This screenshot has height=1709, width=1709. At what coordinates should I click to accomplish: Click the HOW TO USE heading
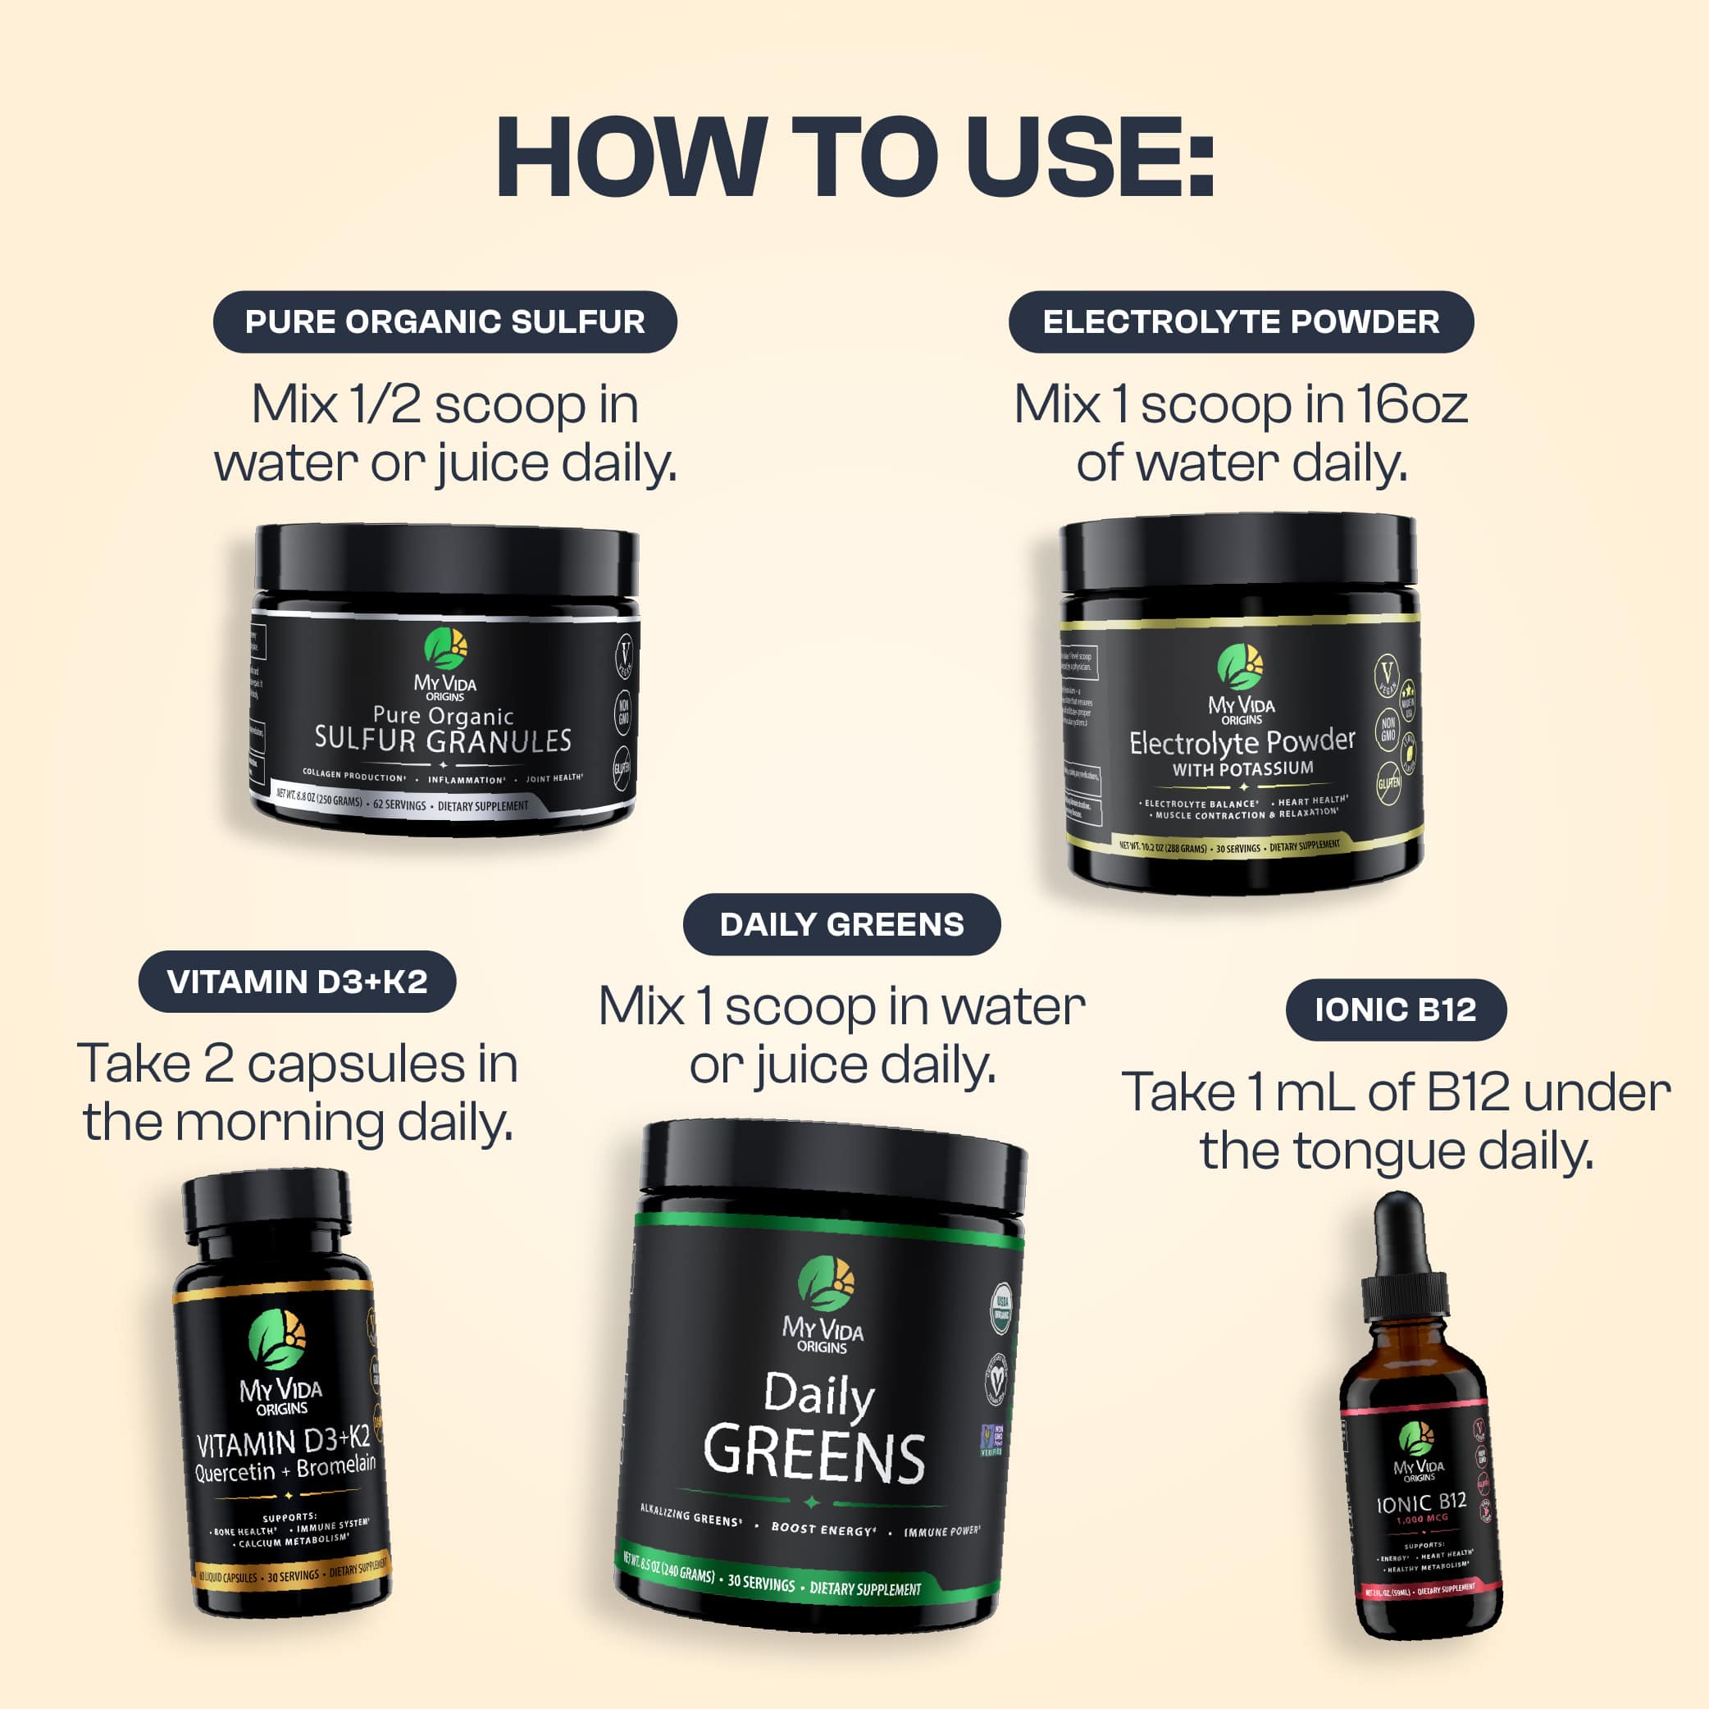[x=854, y=157]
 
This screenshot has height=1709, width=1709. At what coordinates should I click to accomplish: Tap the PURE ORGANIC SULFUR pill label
[x=445, y=322]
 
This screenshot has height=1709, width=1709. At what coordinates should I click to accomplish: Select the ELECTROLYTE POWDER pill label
[x=1241, y=322]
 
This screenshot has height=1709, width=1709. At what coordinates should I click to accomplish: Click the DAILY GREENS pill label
[x=841, y=924]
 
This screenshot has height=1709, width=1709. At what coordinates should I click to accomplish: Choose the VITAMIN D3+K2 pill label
[x=297, y=982]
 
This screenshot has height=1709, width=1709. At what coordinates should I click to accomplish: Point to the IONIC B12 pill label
[x=1395, y=1010]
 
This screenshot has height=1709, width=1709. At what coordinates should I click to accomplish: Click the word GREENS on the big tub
[x=813, y=1456]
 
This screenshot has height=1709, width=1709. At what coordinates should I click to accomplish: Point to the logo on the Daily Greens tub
[x=826, y=1283]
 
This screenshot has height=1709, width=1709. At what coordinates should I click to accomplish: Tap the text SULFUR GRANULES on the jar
[x=443, y=741]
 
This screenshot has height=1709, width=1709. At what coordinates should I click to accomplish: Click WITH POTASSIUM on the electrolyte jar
[x=1243, y=768]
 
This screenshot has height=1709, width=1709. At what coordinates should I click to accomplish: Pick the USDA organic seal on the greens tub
[x=1002, y=1308]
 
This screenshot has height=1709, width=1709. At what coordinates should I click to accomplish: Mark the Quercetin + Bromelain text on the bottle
[x=285, y=1470]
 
